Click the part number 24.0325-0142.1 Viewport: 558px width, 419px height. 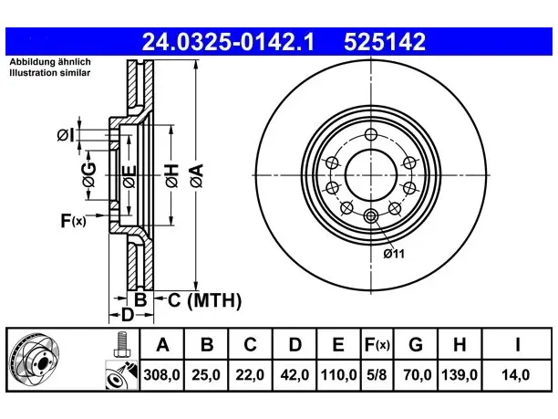[228, 42]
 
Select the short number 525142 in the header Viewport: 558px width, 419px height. [385, 42]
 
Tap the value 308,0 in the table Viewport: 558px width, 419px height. [162, 375]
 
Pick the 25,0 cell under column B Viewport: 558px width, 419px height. [206, 375]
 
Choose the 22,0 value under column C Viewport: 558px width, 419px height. [250, 375]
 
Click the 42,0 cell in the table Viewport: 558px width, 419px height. [294, 375]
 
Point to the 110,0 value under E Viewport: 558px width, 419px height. [338, 375]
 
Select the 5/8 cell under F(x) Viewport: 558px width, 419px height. [377, 375]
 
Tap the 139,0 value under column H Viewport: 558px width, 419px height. [460, 375]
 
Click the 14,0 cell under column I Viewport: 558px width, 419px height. [515, 375]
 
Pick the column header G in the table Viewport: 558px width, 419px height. [416, 344]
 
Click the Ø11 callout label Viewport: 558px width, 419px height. [394, 254]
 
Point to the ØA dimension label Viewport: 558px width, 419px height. [197, 175]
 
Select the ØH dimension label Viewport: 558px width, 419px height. [171, 175]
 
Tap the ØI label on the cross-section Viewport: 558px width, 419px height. [67, 135]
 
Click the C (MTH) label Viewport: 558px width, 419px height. [204, 300]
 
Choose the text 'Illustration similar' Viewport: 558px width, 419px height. [50, 73]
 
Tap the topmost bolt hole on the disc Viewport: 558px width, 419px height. [371, 135]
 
